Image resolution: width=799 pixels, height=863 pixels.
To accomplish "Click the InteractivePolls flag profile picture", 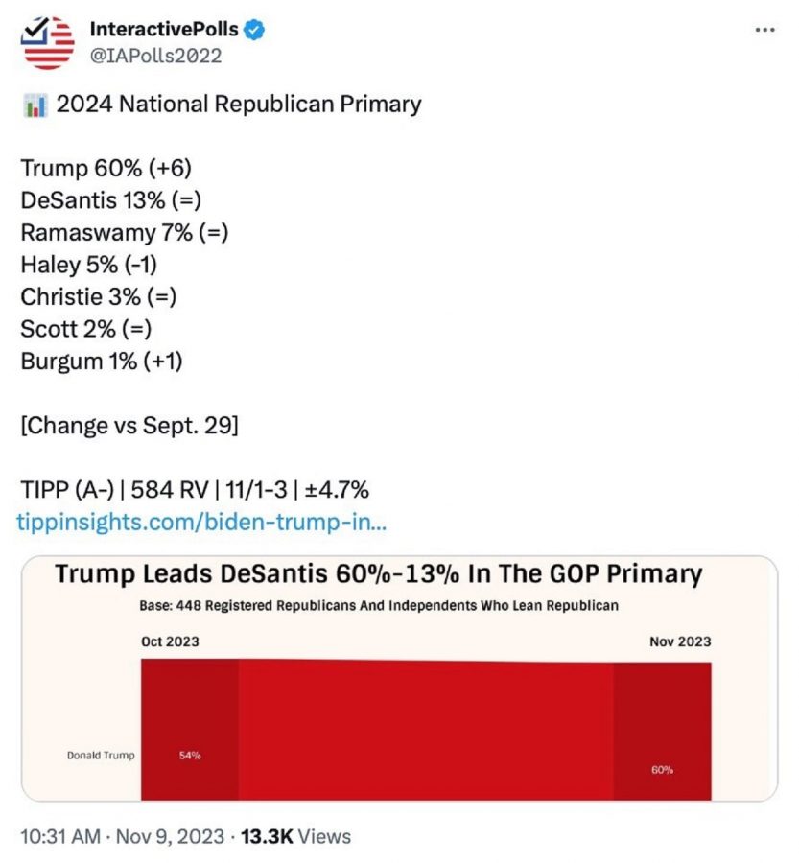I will tap(48, 42).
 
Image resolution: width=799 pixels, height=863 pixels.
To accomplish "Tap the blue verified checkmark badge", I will tap(254, 30).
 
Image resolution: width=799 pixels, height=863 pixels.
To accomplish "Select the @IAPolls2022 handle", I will tap(155, 56).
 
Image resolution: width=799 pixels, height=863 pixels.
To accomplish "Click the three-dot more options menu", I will tap(764, 30).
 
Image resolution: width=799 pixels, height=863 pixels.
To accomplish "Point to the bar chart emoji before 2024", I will tap(35, 105).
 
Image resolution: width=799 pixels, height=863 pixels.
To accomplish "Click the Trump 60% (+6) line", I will tap(106, 169).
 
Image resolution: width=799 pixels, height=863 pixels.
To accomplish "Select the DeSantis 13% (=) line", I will tap(110, 200).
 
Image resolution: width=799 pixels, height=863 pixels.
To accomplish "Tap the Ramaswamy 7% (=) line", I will tap(125, 233).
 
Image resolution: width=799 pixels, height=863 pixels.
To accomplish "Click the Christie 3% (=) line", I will tap(99, 296).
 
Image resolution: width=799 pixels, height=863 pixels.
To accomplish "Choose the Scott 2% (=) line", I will tap(86, 329).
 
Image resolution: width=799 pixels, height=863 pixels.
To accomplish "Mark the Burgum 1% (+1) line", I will tap(102, 361).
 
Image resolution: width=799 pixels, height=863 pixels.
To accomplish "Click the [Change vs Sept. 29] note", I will tap(129, 425).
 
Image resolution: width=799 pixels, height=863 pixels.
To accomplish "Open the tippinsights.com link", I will tap(201, 523).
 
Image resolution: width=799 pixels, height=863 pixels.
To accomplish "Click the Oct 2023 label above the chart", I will tap(170, 641).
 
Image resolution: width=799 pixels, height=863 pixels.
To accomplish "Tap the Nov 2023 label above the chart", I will tap(680, 641).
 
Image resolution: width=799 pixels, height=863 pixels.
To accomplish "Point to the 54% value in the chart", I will tap(190, 756).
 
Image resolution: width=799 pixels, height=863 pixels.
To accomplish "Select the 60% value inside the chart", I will tap(662, 769).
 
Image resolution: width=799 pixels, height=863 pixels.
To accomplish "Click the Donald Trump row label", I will tap(101, 756).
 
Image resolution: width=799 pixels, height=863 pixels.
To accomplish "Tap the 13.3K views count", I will tap(267, 836).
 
